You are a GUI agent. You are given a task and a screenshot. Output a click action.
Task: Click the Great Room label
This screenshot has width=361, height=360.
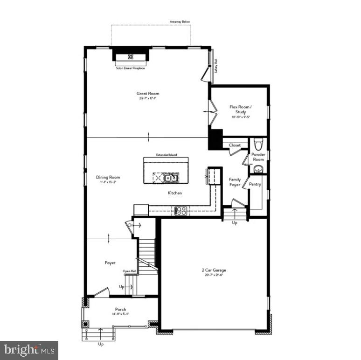(148, 94)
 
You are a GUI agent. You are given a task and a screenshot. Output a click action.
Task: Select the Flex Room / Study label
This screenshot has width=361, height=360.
(241, 110)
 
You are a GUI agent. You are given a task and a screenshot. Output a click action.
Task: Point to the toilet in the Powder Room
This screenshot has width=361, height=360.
(258, 143)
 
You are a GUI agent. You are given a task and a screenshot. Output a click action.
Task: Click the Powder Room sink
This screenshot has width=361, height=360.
(258, 169)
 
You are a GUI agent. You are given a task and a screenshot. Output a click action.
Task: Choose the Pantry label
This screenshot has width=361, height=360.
(255, 184)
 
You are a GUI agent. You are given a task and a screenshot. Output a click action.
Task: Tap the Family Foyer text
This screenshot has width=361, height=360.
(235, 182)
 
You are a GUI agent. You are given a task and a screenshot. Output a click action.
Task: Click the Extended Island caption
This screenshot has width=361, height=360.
(167, 155)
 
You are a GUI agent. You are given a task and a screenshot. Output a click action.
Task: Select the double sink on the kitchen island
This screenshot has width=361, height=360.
(171, 177)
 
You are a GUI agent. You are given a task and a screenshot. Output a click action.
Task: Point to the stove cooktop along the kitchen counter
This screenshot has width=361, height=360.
(180, 210)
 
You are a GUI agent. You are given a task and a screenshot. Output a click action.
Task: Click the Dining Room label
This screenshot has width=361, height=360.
(108, 177)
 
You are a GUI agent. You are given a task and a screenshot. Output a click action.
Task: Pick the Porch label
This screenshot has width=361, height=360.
(120, 310)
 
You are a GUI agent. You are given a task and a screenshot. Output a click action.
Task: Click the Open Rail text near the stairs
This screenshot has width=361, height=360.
(129, 271)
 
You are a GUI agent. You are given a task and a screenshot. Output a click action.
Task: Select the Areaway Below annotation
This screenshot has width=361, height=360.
(180, 21)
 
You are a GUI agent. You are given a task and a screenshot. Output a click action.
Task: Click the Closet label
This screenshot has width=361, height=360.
(235, 145)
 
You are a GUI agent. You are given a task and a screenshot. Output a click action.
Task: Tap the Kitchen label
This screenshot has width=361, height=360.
(175, 193)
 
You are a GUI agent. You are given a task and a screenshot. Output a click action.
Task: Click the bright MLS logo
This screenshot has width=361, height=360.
(29, 348)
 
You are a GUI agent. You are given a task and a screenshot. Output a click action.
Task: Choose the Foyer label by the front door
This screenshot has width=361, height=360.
(110, 263)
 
